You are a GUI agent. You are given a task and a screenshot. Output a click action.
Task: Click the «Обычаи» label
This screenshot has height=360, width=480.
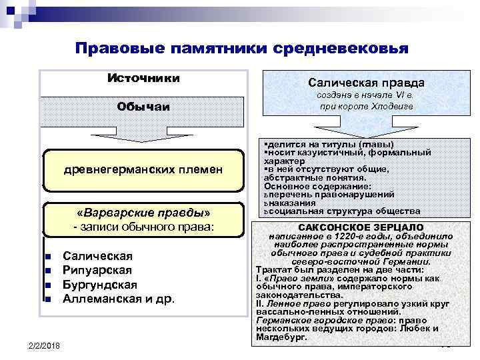(x=143, y=107)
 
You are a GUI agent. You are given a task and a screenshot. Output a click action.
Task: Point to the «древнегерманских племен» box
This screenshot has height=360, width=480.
(x=143, y=171)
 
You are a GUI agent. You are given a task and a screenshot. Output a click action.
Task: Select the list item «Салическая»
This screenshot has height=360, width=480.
(x=97, y=257)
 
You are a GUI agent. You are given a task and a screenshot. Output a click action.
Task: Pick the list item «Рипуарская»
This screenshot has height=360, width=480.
(x=97, y=270)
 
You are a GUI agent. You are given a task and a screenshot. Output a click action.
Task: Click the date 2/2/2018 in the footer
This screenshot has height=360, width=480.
(x=45, y=345)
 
